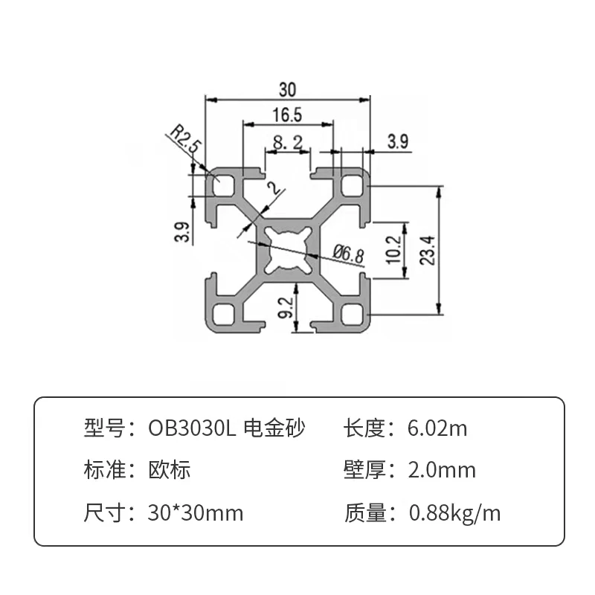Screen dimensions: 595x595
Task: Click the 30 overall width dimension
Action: pos(288,89)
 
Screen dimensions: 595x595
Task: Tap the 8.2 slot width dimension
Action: pos(287,141)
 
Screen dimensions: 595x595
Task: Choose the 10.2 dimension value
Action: pos(393,249)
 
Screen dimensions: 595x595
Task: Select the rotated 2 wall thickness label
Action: pos(276,189)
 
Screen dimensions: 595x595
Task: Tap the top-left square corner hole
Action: pos(222,181)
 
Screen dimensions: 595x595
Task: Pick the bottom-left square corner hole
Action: pos(222,312)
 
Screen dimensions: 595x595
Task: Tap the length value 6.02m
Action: pos(437,428)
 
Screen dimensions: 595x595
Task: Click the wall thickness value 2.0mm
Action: pos(442,470)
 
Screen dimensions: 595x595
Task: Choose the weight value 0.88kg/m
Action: pos(454,512)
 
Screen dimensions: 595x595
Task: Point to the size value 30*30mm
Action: pos(196,512)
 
